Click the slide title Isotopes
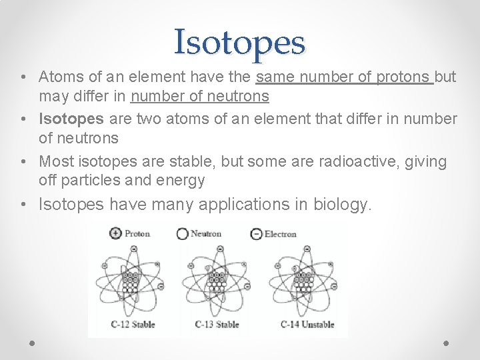(239, 41)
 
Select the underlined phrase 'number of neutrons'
(200, 97)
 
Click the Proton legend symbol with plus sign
(115, 234)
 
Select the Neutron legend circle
(182, 234)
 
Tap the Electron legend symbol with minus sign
(256, 234)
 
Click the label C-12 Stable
(133, 325)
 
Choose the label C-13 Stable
(217, 325)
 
